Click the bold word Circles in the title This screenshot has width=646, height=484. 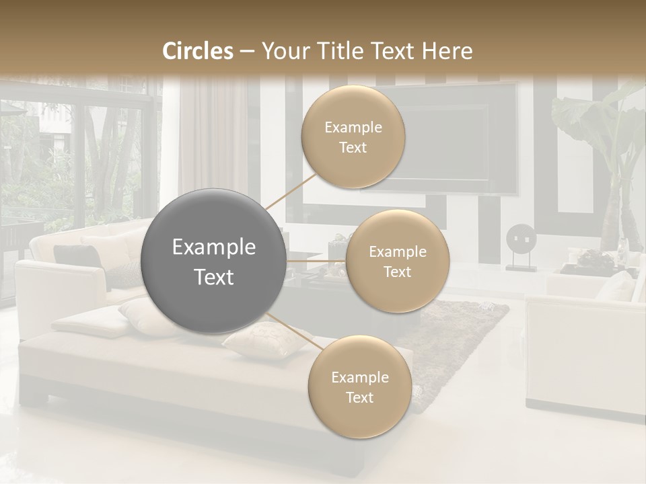(198, 51)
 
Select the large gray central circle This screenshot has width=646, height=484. (213, 261)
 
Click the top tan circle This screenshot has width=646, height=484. (353, 137)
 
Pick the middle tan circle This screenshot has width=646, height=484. (397, 261)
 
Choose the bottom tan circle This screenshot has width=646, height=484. (359, 387)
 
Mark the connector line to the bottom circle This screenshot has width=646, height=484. (295, 331)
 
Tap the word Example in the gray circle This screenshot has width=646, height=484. (213, 247)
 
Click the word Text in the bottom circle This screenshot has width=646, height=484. (359, 397)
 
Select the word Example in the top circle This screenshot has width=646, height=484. (353, 127)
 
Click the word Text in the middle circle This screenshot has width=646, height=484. (397, 272)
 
